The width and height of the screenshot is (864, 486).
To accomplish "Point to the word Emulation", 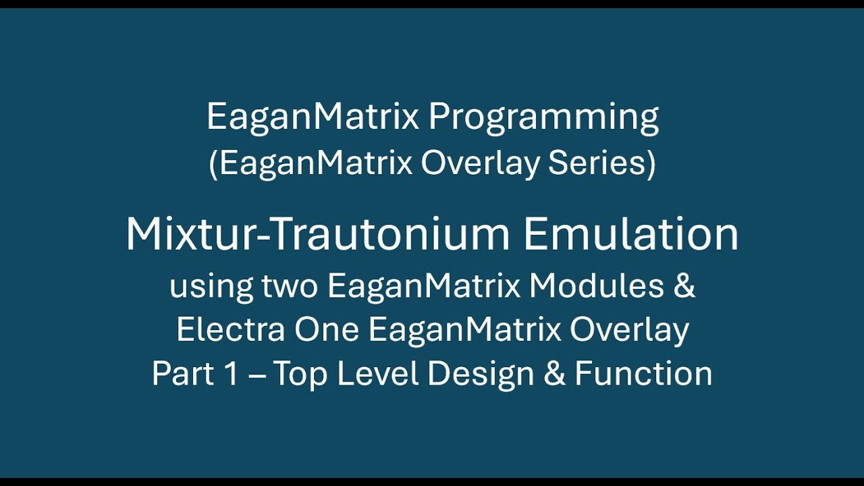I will tap(630, 234).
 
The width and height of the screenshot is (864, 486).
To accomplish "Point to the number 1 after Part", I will tap(232, 374).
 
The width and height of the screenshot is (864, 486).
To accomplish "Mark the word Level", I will tap(378, 374).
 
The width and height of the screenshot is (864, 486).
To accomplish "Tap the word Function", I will tap(643, 374).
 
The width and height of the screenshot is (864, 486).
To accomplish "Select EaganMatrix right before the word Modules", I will tap(424, 287).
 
